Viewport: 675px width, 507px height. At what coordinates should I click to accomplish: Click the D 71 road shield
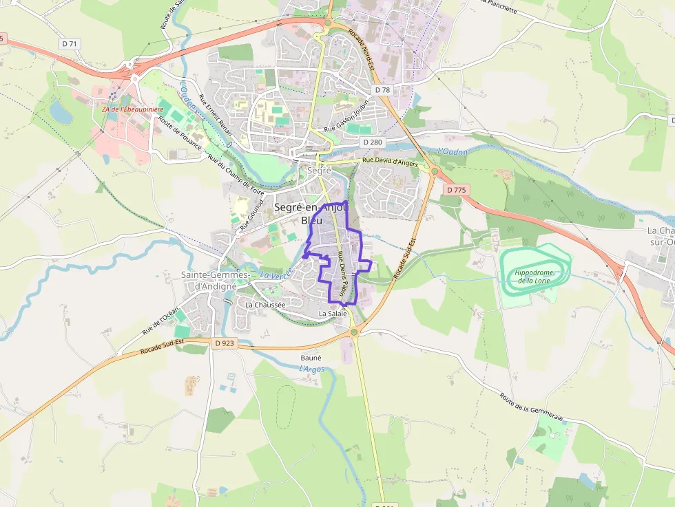click(70, 43)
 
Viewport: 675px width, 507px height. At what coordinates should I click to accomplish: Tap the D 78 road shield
click(382, 90)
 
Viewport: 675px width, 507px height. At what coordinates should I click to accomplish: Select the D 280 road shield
click(372, 142)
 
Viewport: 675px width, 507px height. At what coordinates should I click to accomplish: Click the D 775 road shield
click(456, 189)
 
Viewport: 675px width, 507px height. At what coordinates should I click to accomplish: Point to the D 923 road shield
click(225, 343)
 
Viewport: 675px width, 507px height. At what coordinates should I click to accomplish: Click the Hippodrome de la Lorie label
click(535, 277)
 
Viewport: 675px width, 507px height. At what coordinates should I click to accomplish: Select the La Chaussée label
click(265, 304)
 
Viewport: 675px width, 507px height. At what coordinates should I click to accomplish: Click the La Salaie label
click(332, 314)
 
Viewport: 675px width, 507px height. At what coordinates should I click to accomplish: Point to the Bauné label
click(311, 358)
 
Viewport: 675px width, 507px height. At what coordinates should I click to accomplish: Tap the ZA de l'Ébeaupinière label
click(133, 109)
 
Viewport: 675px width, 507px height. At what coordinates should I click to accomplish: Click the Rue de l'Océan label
click(160, 320)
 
